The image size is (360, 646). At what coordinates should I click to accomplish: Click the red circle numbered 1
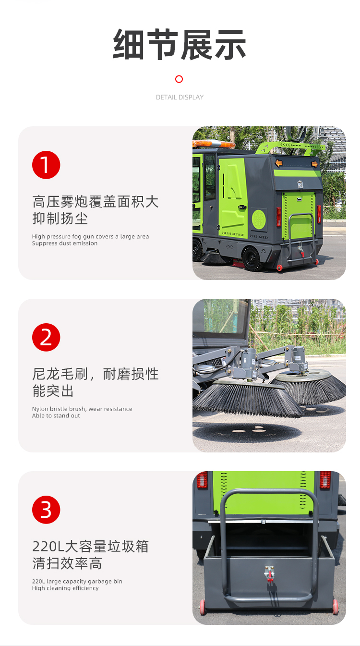[x=46, y=165]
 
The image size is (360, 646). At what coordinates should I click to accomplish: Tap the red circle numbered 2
[x=46, y=338]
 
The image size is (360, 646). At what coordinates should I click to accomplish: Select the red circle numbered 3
[x=46, y=510]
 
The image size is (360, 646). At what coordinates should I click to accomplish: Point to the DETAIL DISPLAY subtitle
[x=180, y=98]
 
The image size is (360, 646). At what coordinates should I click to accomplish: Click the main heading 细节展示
[x=179, y=44]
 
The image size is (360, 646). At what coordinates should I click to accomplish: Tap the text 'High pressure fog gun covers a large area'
[x=91, y=237]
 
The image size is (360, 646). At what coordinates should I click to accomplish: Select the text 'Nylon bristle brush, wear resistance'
[x=82, y=409]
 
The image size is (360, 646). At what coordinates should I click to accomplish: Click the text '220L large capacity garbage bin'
[x=77, y=581]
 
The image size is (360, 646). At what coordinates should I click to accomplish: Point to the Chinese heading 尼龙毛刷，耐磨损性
[x=96, y=374]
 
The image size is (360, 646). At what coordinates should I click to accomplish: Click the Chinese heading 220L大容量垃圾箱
[x=91, y=547]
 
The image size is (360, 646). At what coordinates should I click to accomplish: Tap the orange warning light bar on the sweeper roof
[x=213, y=144]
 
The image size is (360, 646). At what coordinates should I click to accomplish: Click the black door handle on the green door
[x=242, y=207]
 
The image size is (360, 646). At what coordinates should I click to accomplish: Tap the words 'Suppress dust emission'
[x=65, y=244]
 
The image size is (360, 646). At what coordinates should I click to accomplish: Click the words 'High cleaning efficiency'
[x=65, y=588]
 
